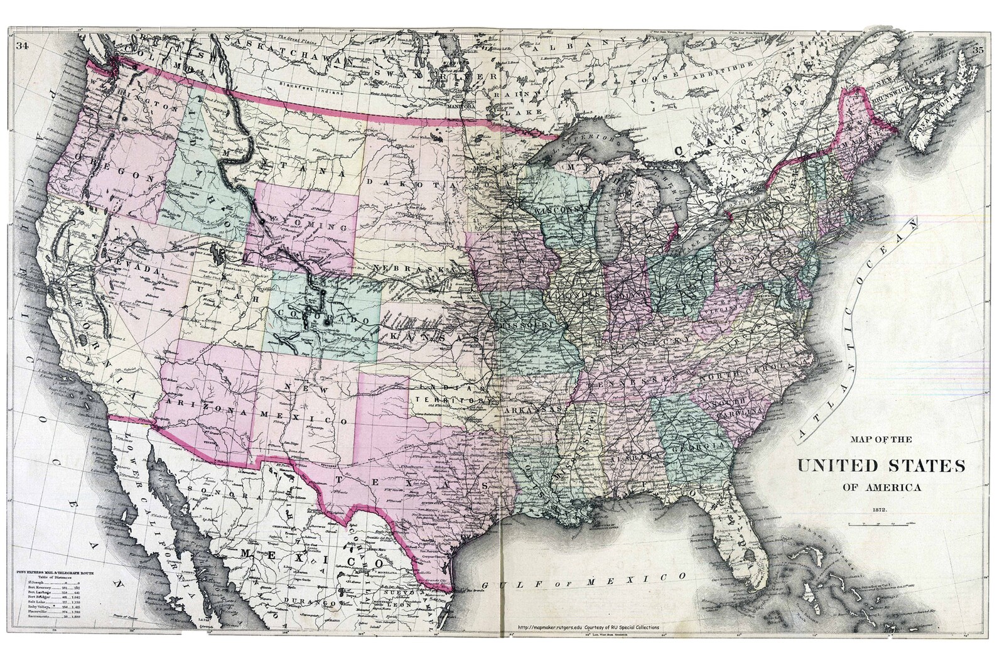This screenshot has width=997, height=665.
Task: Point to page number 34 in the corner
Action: tap(23, 46)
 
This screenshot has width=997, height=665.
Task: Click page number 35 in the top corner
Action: tap(978, 50)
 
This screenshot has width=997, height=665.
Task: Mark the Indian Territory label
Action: tap(450, 394)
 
